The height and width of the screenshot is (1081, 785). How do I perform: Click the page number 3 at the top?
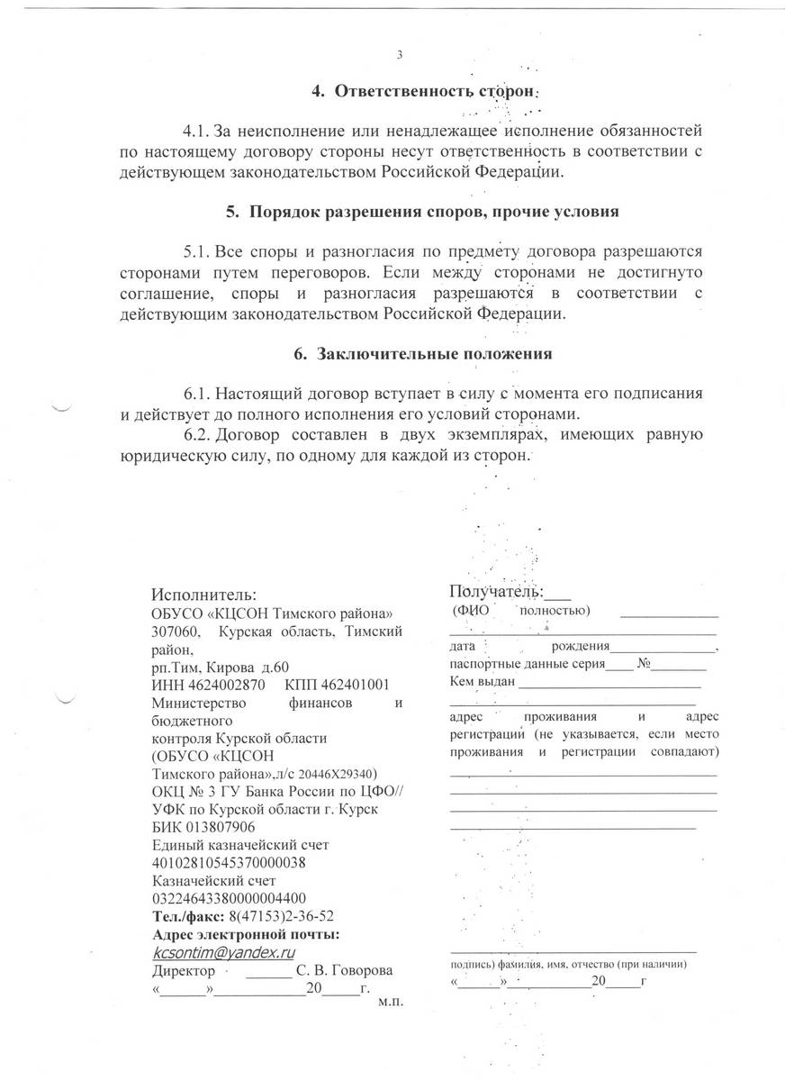click(x=399, y=55)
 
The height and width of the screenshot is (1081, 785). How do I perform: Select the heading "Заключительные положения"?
click(x=434, y=354)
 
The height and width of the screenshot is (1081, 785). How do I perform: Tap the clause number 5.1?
click(x=197, y=250)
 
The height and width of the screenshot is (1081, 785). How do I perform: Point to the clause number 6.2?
click(x=197, y=436)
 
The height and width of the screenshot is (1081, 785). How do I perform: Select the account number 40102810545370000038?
click(x=230, y=862)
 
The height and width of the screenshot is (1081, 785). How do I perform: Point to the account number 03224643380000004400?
click(x=230, y=898)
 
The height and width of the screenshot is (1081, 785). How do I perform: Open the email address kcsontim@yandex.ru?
click(x=225, y=952)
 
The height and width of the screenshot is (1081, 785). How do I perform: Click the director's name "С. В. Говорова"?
click(x=345, y=971)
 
